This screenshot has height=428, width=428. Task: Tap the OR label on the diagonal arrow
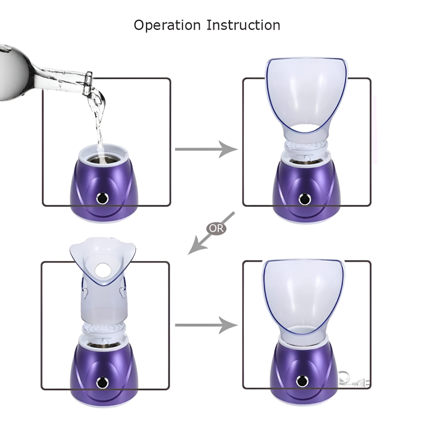(216, 228)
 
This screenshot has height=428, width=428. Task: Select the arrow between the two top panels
(205, 149)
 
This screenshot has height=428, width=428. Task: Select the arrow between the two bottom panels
(205, 325)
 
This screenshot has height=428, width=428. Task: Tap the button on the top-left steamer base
(102, 198)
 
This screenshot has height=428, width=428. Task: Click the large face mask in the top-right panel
(306, 96)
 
